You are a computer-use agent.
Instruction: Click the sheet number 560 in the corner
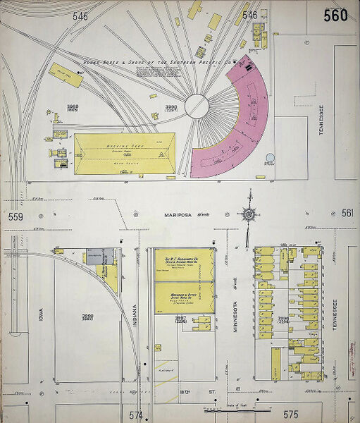click(x=335, y=15)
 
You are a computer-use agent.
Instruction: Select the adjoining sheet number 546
click(x=249, y=14)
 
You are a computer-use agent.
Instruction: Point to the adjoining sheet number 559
click(x=15, y=216)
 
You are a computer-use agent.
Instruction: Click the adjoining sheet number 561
click(x=347, y=213)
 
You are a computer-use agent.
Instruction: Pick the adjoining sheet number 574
click(x=135, y=415)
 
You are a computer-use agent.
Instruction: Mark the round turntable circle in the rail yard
click(x=197, y=106)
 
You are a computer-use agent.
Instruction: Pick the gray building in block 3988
click(x=100, y=256)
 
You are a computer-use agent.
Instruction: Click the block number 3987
click(x=181, y=318)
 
